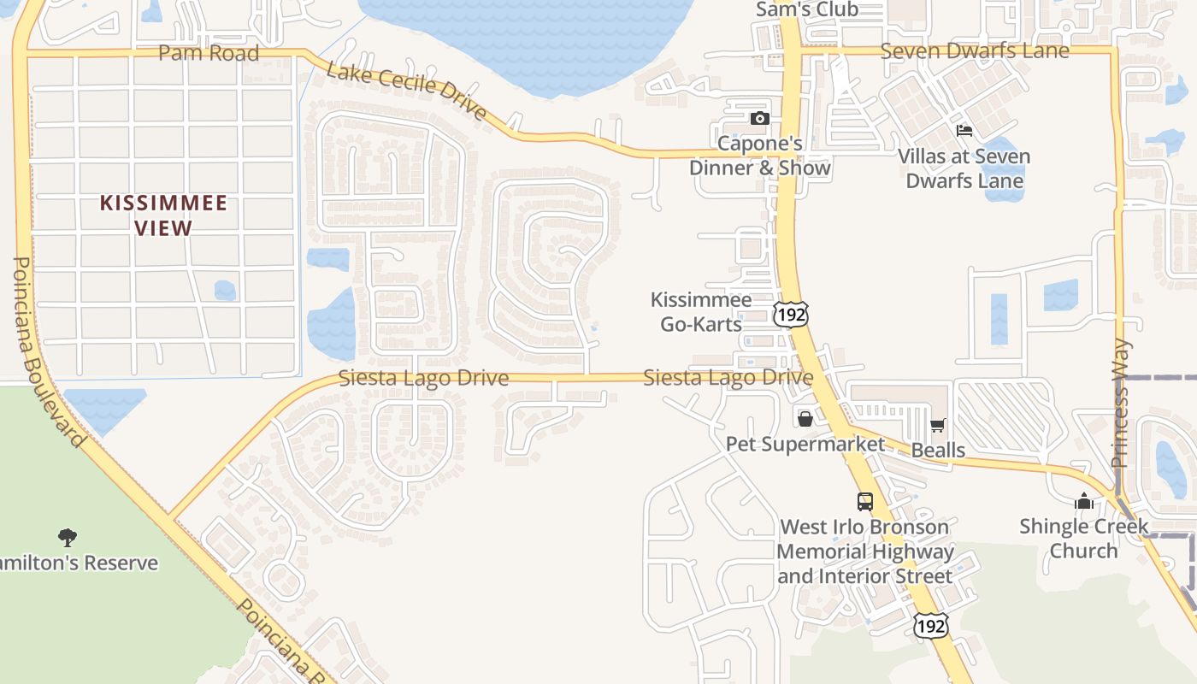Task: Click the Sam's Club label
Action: point(807,9)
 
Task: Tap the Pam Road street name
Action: point(209,53)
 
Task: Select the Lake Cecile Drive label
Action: point(407,91)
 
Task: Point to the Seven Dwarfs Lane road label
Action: point(975,51)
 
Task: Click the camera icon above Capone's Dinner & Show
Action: point(759,119)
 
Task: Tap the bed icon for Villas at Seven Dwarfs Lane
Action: point(964,131)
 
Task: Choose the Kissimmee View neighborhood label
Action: point(164,215)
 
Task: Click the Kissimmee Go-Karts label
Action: point(701,311)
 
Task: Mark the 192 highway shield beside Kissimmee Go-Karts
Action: point(790,314)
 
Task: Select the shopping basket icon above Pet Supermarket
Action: point(805,419)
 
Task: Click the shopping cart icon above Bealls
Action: point(938,425)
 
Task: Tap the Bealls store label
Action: point(938,450)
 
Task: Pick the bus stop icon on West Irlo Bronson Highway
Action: point(865,502)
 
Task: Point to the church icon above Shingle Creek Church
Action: point(1084,501)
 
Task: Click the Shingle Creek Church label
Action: point(1084,538)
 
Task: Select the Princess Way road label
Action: point(1120,404)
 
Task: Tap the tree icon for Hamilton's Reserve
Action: point(67,538)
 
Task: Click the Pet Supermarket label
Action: point(805,444)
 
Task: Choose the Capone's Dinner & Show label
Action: point(760,155)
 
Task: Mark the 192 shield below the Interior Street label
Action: point(930,625)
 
